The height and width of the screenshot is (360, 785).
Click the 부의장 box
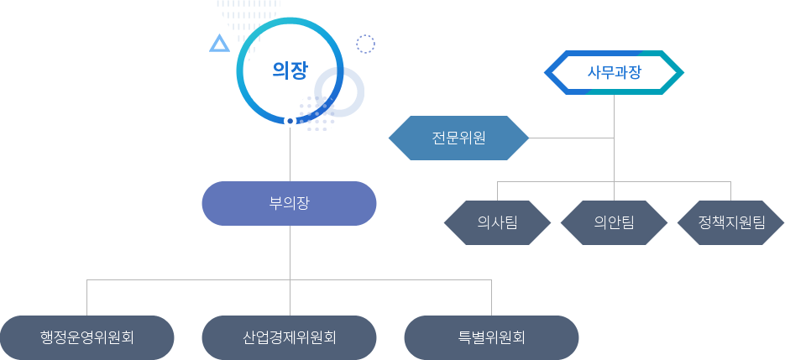(x=289, y=203)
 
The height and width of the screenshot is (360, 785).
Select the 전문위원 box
(x=458, y=138)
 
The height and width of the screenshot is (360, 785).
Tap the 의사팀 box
(x=497, y=222)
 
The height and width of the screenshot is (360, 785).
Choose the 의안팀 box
(x=614, y=222)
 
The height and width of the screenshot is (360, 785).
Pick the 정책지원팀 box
(x=730, y=222)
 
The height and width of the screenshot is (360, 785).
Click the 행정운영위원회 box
(x=87, y=337)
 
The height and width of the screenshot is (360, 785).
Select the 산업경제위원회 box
(x=289, y=337)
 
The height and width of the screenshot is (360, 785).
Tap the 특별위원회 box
(x=491, y=337)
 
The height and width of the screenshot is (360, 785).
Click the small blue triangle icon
(x=218, y=43)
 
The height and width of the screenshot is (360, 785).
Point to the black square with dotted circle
(x=365, y=43)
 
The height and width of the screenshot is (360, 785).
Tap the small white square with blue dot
(x=290, y=121)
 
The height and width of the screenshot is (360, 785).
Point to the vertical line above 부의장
(x=290, y=155)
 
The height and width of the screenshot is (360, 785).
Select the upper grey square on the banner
(x=615, y=60)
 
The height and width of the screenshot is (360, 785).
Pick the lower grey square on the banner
(x=615, y=84)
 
